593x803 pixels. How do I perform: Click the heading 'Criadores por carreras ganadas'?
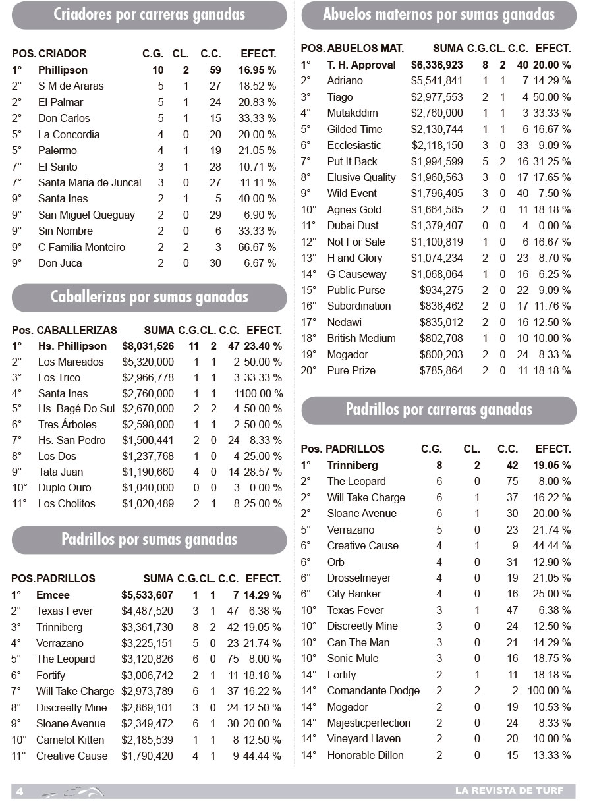149,14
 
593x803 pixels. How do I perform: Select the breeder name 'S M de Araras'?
71,86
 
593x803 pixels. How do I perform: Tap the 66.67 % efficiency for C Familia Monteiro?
257,247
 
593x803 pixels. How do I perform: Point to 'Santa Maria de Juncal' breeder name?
90,182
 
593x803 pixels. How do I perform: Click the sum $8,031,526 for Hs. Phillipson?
148,346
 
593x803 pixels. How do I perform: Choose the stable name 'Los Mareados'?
71,362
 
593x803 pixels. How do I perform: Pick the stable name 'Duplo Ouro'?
65,487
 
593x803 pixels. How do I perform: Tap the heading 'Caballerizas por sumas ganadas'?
149,297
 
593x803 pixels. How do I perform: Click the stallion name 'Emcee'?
53,595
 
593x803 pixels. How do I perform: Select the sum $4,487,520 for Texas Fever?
147,611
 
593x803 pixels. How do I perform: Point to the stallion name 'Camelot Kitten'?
71,740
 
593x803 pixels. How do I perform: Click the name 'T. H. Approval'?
361,65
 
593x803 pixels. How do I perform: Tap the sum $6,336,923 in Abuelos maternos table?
437,65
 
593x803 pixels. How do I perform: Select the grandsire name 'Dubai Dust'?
353,225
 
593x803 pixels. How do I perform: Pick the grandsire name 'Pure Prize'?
351,370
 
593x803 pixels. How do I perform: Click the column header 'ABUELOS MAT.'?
365,49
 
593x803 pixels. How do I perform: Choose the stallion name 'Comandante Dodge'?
373,690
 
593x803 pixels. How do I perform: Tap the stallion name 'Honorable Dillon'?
365,755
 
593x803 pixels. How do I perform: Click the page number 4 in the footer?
20,791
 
